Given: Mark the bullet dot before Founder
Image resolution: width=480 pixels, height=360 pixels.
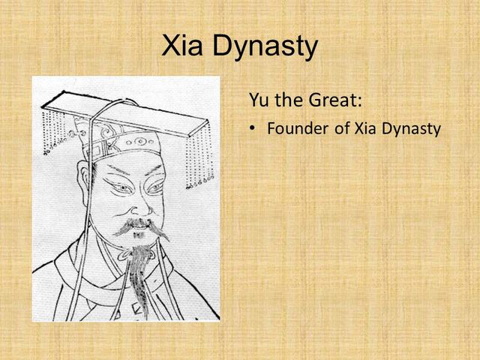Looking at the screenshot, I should click(x=252, y=129).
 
